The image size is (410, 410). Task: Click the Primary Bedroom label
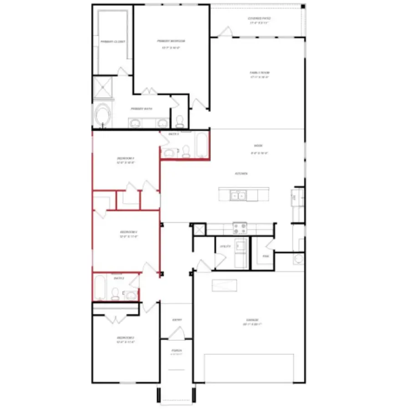click(x=171, y=41)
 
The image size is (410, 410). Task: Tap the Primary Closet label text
click(x=113, y=42)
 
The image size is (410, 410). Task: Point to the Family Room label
click(x=259, y=73)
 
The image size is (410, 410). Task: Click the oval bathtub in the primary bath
click(x=103, y=116)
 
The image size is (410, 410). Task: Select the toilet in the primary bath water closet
click(x=179, y=121)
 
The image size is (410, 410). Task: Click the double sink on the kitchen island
click(x=238, y=196)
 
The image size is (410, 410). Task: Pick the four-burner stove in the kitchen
click(x=240, y=228)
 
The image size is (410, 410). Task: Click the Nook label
click(x=258, y=146)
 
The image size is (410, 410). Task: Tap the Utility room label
click(x=225, y=246)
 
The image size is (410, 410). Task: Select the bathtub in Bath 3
click(x=201, y=145)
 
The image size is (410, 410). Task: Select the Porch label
click(x=177, y=351)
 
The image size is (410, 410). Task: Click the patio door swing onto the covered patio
click(x=225, y=31)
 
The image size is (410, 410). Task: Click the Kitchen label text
click(x=241, y=174)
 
